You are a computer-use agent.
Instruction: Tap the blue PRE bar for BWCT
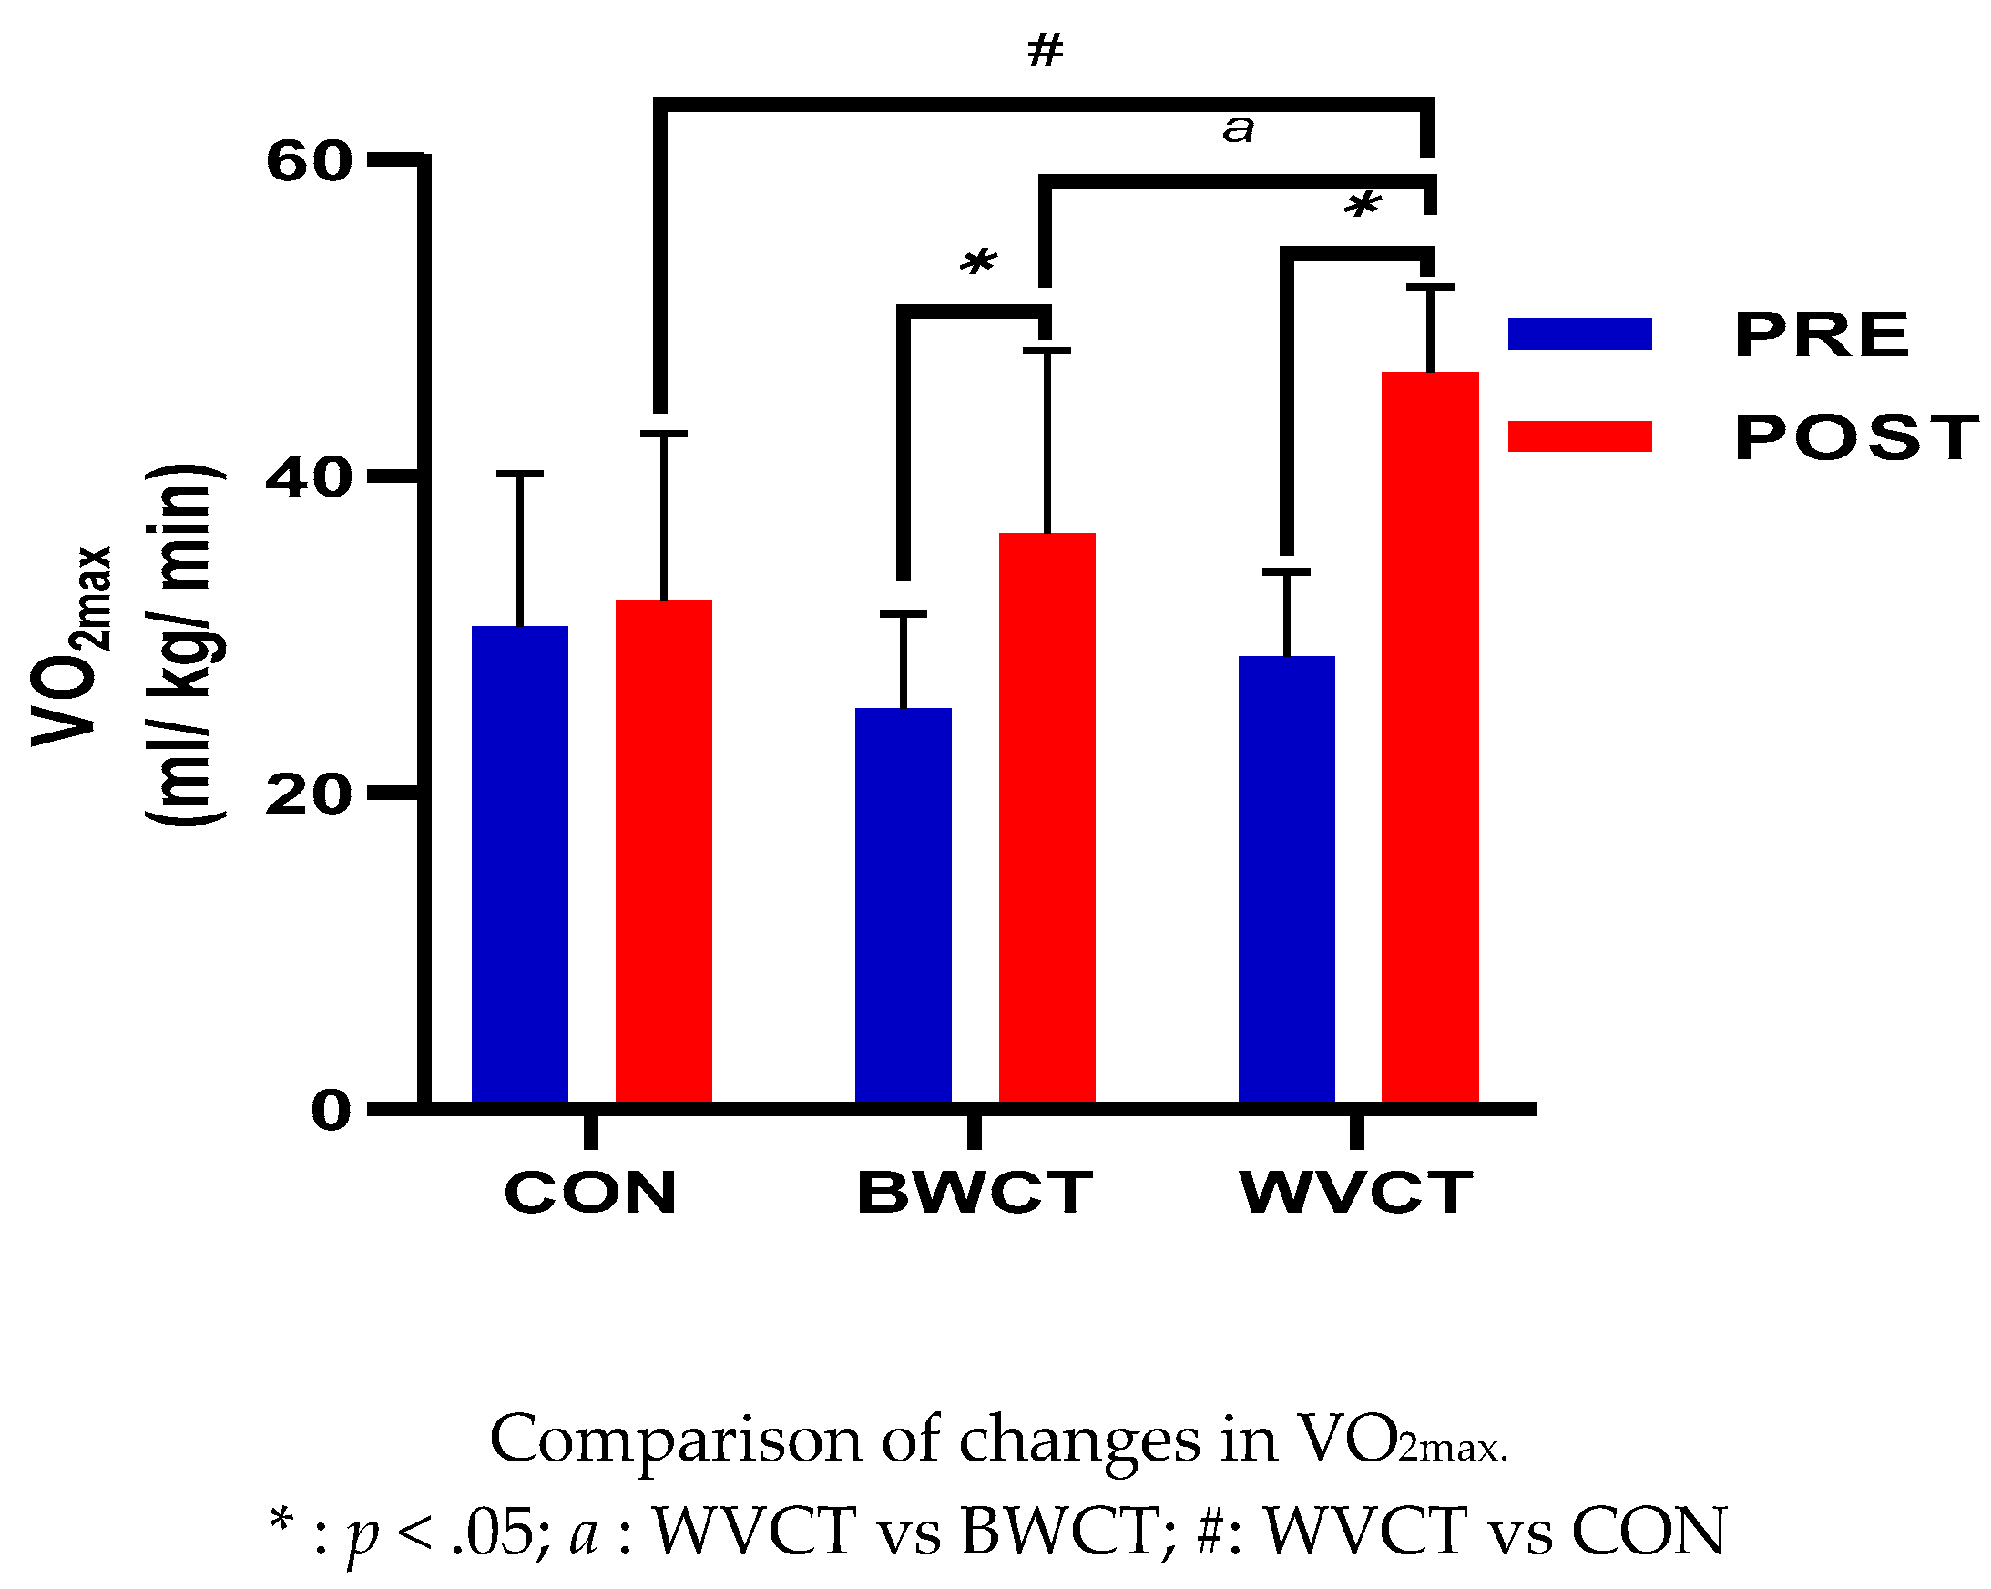click(904, 907)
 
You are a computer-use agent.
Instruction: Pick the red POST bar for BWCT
click(1047, 818)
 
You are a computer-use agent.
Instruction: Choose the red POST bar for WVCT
click(1430, 738)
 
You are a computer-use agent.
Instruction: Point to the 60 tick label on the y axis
click(310, 160)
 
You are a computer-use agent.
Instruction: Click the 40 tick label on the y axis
click(310, 478)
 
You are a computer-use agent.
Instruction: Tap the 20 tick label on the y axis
click(310, 794)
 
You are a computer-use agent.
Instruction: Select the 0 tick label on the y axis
click(332, 1111)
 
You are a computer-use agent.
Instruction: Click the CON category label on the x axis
click(591, 1193)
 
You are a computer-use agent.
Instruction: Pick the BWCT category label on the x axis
click(975, 1193)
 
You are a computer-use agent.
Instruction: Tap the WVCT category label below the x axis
click(1355, 1193)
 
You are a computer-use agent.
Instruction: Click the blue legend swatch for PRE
click(1579, 333)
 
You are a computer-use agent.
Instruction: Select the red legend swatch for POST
click(1579, 436)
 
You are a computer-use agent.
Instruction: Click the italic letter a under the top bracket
click(1239, 128)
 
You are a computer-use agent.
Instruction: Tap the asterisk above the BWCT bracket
click(977, 263)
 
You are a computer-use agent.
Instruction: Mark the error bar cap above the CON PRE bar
click(520, 474)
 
